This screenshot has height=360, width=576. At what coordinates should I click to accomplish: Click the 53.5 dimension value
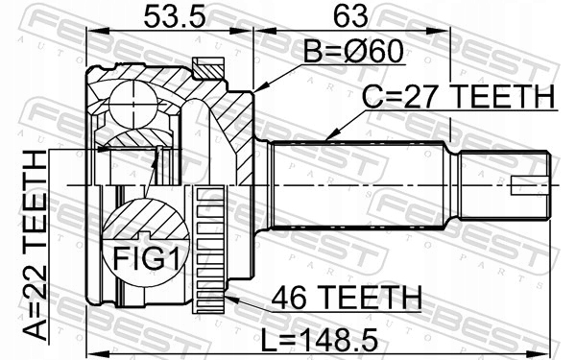[174, 16]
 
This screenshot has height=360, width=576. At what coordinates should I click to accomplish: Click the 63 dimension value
[350, 16]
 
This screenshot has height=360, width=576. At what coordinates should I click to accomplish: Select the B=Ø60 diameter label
[353, 52]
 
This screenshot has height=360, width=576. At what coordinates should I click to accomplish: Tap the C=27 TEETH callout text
[458, 97]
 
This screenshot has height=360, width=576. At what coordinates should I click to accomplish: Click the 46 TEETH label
[347, 298]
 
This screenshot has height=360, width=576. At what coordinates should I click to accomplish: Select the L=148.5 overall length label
[320, 340]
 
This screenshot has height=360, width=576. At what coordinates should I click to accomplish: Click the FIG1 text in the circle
[146, 258]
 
